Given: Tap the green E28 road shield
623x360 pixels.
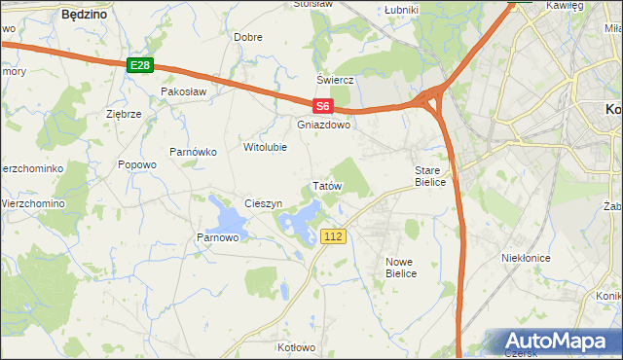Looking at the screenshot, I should coord(140,65).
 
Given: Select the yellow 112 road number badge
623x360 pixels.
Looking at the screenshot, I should coord(334,236).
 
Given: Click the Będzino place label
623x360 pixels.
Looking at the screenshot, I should coord(84,16).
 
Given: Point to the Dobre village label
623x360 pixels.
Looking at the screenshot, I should coord(248,37).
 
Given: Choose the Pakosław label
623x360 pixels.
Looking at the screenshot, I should coord(185,91).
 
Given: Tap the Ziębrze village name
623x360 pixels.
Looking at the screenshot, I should coord(124,114).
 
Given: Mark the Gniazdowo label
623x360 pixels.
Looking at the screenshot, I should coord(323,126).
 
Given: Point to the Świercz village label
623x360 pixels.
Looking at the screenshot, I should coord(333,80).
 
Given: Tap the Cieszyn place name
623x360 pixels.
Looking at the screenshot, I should coord(263,204).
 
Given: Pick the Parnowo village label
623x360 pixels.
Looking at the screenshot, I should coord(218,237).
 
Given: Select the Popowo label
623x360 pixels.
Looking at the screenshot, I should coord(137,164).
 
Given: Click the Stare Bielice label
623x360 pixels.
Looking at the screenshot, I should coord(429,176).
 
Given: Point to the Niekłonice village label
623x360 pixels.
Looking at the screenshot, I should coord(526,258).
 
